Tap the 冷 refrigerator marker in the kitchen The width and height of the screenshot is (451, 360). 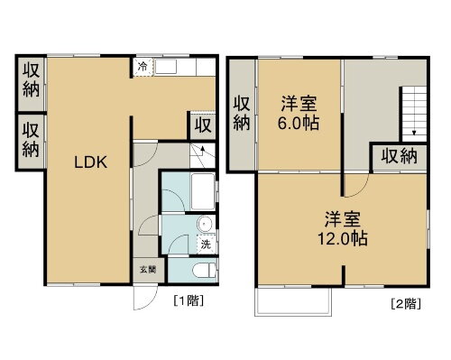[x=143, y=66]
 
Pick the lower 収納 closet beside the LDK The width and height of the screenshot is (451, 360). [x=30, y=138]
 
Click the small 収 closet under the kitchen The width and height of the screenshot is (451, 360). [x=201, y=124]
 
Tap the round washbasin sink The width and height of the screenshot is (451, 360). [x=205, y=226]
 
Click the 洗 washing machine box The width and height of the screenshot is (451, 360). [x=205, y=245]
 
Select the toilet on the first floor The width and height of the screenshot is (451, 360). [x=202, y=269]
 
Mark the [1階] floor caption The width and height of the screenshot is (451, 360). [x=187, y=300]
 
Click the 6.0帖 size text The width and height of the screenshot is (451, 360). [x=298, y=122]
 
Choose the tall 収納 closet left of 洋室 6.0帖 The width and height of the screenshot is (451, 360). [x=241, y=114]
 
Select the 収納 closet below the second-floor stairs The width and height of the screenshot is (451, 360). [x=398, y=156]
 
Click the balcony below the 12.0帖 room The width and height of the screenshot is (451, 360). [x=292, y=301]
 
